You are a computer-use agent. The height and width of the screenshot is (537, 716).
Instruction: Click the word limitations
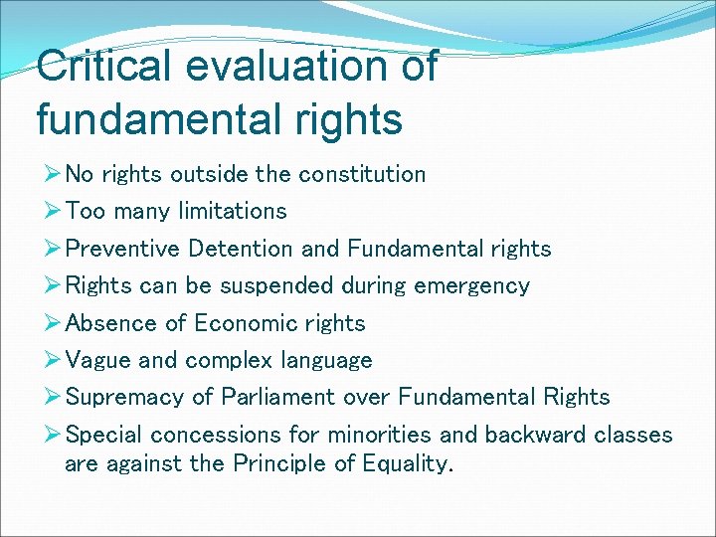click(x=233, y=212)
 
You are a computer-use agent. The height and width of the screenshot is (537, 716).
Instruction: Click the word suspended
click(x=275, y=286)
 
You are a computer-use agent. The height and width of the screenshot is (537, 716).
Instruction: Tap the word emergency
click(x=472, y=286)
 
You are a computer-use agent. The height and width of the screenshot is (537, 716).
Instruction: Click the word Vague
click(x=94, y=360)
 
